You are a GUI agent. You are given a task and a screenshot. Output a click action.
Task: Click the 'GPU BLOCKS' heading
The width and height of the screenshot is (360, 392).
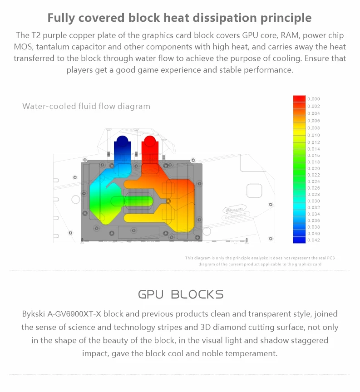(x=181, y=295)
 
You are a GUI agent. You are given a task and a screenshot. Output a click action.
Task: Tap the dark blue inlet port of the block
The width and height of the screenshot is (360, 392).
(x=122, y=142)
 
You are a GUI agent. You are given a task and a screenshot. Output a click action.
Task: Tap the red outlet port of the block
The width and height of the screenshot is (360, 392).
(x=149, y=142)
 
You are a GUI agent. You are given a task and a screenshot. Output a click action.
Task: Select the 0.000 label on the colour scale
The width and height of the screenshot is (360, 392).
(x=314, y=99)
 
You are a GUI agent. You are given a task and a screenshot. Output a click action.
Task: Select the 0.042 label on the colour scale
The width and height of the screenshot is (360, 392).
(x=314, y=240)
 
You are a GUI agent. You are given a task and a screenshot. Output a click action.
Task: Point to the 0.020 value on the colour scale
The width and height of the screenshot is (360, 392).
(x=314, y=168)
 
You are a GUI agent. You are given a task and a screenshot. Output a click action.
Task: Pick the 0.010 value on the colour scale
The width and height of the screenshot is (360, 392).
(x=314, y=135)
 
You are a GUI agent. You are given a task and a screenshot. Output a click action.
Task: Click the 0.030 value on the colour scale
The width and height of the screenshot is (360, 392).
(x=314, y=201)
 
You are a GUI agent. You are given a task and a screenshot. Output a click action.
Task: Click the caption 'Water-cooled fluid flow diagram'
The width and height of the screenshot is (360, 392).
(x=86, y=107)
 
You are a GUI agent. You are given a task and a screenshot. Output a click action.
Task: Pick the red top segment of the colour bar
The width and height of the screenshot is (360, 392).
(x=299, y=98)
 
